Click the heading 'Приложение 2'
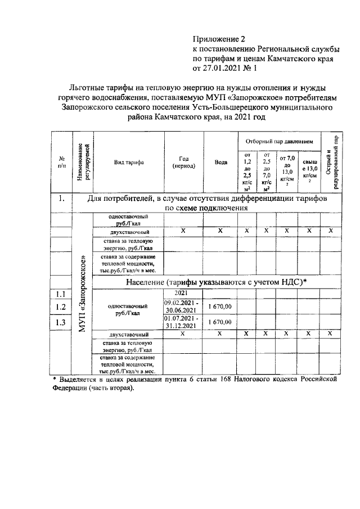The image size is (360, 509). pyautogui.click(x=219, y=39)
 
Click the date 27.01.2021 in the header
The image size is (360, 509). pyautogui.click(x=223, y=70)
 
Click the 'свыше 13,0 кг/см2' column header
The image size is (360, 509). pyautogui.click(x=309, y=168)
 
